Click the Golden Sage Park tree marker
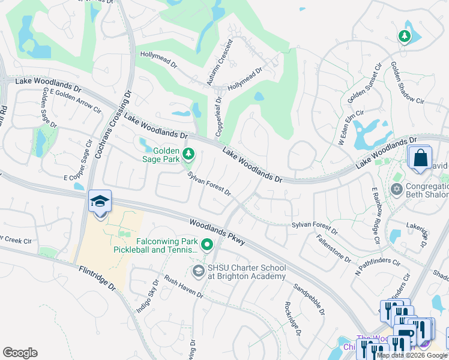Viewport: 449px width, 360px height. tap(188, 155)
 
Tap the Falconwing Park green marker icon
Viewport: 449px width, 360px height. tap(208, 245)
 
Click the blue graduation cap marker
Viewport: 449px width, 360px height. tap(100, 201)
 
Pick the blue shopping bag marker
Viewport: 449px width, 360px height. tap(421, 159)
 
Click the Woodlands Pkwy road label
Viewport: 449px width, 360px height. tap(217, 232)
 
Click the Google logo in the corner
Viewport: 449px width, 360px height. tap(20, 353)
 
